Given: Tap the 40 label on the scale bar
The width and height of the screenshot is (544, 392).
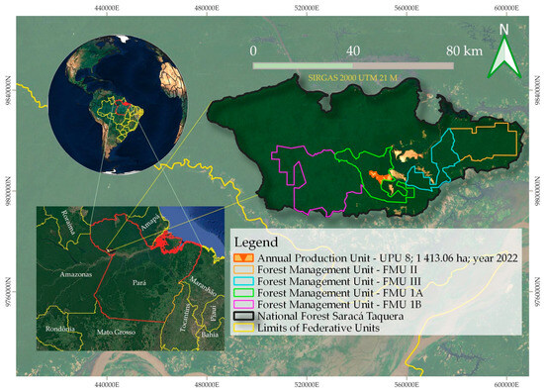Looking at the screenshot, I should [351, 49].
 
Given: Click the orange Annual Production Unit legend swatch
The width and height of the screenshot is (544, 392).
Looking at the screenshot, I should [243, 257].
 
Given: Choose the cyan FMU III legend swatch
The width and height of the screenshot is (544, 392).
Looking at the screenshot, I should [243, 281].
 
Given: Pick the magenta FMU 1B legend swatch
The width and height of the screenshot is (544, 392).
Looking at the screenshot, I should [243, 305].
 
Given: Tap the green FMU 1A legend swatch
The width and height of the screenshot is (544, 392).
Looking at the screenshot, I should [243, 293].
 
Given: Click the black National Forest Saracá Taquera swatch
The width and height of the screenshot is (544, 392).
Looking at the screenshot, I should [243, 317].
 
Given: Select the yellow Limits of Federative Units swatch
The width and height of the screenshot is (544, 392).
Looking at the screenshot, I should [243, 329].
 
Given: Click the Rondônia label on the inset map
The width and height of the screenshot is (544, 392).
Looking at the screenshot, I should [52, 330].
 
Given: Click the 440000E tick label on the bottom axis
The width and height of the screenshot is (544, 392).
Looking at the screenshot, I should [106, 384].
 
